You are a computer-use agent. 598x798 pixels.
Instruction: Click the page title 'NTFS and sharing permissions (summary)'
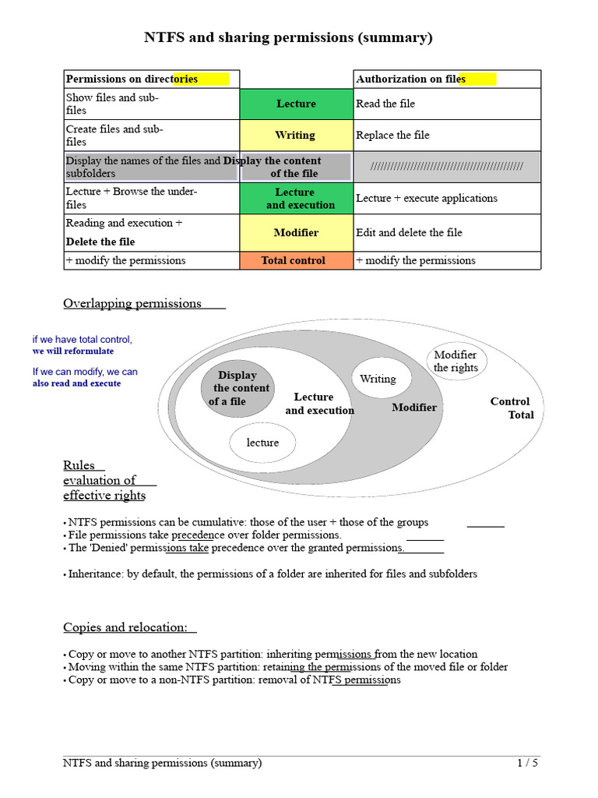click(x=288, y=37)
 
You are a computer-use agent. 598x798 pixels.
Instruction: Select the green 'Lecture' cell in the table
click(x=296, y=104)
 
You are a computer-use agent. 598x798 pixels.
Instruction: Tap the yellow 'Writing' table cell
click(x=296, y=135)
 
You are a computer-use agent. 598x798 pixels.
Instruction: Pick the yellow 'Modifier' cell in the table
click(x=296, y=232)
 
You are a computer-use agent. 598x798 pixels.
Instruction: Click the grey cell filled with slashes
click(x=447, y=167)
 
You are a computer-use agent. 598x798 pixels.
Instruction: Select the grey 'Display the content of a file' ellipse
click(x=238, y=388)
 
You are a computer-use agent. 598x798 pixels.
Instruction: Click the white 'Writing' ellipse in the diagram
click(x=378, y=379)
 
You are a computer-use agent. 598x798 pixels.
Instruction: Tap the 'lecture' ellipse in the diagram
click(x=262, y=443)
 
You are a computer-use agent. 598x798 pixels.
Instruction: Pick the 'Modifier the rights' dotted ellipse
click(x=456, y=362)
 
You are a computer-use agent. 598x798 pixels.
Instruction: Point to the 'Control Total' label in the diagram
click(x=512, y=408)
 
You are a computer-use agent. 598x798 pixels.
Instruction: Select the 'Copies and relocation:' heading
click(x=125, y=627)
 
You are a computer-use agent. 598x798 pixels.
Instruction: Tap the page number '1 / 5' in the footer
click(x=527, y=763)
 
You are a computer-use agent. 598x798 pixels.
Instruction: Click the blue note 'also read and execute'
click(x=76, y=383)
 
